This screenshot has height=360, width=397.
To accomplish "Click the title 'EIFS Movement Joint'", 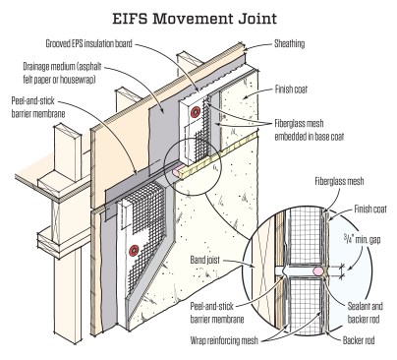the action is (x=195, y=19).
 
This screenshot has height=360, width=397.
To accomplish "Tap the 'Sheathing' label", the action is (x=289, y=44).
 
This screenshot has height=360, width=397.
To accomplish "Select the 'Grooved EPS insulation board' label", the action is (x=88, y=43).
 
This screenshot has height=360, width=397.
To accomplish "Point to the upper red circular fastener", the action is (x=196, y=112).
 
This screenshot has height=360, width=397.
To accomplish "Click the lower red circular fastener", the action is (x=135, y=251).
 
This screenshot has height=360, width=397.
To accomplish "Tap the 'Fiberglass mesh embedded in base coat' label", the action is (x=309, y=130).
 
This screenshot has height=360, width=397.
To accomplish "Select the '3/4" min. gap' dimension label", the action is (x=362, y=239).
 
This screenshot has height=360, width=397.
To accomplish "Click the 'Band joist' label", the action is (x=205, y=260).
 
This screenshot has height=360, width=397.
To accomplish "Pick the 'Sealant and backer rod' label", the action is (x=365, y=313).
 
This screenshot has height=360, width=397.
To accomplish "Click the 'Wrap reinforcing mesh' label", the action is (x=224, y=340).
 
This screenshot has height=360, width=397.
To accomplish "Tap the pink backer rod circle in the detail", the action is (x=318, y=271).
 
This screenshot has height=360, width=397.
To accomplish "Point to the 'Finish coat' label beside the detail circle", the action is (x=370, y=209).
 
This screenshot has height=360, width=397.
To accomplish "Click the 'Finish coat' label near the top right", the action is (x=291, y=90).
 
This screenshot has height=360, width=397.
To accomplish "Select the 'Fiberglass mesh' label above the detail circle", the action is (x=339, y=181).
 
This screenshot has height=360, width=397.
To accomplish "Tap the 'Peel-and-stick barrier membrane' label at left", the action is (x=38, y=107).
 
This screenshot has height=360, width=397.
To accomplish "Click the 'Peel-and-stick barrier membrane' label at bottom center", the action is (x=217, y=313).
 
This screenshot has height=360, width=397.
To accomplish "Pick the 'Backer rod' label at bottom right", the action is (x=359, y=340).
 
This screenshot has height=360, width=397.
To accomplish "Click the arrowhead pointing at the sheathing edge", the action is (x=248, y=49).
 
